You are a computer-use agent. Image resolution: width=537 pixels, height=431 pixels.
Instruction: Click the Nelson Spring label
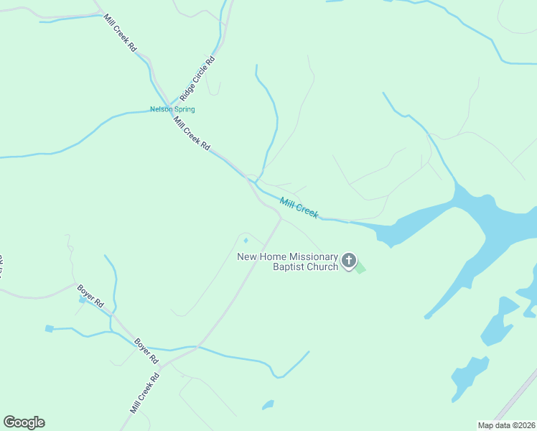(172, 109)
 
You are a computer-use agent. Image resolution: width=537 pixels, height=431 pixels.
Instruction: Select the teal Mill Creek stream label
(299, 208)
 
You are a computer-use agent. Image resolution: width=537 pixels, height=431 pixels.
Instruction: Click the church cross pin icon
(349, 260)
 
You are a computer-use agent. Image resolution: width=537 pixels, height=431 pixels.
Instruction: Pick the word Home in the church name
(269, 257)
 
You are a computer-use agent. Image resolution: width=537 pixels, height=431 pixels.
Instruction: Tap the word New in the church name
(247, 257)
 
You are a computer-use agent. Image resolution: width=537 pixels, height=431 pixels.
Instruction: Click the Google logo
(24, 422)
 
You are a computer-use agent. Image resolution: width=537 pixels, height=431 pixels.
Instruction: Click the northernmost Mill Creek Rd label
(120, 32)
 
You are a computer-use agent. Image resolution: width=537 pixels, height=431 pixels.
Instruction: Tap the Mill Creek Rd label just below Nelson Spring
(192, 133)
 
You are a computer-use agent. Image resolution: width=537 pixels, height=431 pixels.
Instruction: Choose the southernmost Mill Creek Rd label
(144, 392)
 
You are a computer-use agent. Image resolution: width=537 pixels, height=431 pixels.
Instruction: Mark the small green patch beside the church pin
(360, 269)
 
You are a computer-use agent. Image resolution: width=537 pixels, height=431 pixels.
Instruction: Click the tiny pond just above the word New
(246, 240)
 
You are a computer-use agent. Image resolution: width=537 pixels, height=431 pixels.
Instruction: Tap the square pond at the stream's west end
(49, 329)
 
